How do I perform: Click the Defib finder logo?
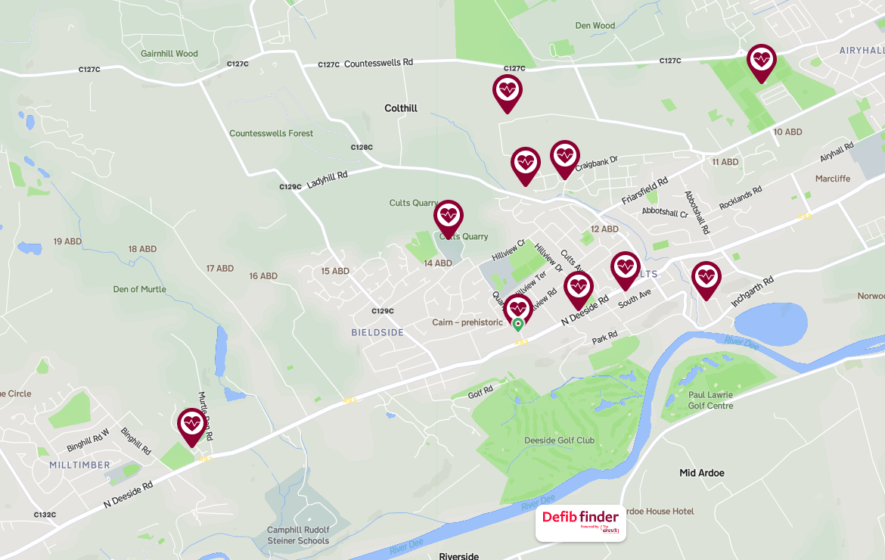[580, 523]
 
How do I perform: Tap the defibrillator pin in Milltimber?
[191, 425]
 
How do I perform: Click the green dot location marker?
[518, 325]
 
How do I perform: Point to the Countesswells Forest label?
[271, 134]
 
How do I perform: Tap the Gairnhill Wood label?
[169, 54]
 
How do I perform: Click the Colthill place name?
[401, 108]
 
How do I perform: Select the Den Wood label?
[595, 26]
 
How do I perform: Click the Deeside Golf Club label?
[559, 440]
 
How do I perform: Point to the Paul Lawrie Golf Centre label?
[710, 400]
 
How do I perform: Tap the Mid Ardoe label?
[702, 473]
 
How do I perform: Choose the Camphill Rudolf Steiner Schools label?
[298, 535]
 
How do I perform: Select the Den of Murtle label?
[140, 289]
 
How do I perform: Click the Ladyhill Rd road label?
[327, 179]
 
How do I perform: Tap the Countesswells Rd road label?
[378, 64]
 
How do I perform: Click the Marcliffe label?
[833, 179]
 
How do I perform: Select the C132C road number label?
[45, 515]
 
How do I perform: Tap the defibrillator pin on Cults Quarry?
[449, 217]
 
